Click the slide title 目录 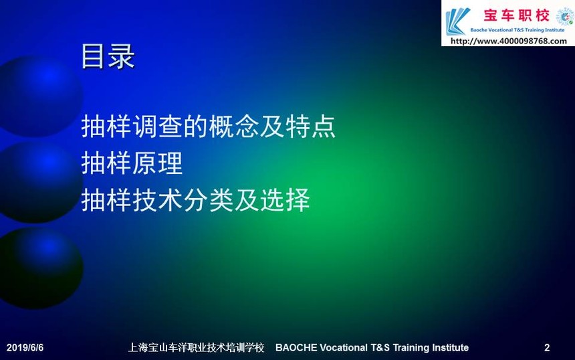pos(108,56)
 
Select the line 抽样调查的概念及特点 pos(209,126)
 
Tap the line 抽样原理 pos(132,163)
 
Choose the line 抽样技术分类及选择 pos(195,200)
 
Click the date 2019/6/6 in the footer pos(25,347)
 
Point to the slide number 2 pos(547,347)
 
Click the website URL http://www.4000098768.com pos(508,41)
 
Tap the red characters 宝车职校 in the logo pos(516,15)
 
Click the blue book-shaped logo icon pos(457,21)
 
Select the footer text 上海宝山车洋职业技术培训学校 pos(196,347)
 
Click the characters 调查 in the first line pos(157,126)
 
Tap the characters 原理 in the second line pos(157,163)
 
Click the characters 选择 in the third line pos(285,200)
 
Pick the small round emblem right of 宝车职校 pos(565,17)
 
